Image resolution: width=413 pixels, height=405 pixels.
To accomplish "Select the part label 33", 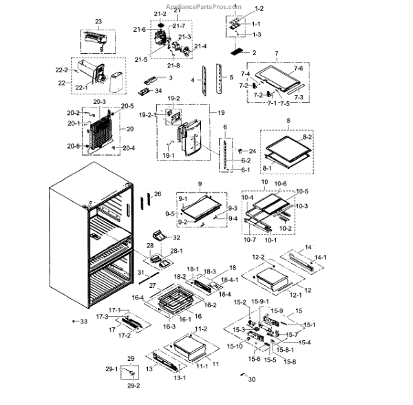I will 84,322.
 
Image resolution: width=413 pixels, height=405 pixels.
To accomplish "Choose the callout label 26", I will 157,195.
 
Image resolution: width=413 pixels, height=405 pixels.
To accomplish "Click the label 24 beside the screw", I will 252,150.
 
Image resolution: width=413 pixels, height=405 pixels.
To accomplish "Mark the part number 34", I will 158,90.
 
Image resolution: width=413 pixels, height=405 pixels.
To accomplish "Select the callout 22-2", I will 61,70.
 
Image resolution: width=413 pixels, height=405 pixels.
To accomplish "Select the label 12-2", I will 258,257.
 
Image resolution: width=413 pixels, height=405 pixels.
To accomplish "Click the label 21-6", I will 140,29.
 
